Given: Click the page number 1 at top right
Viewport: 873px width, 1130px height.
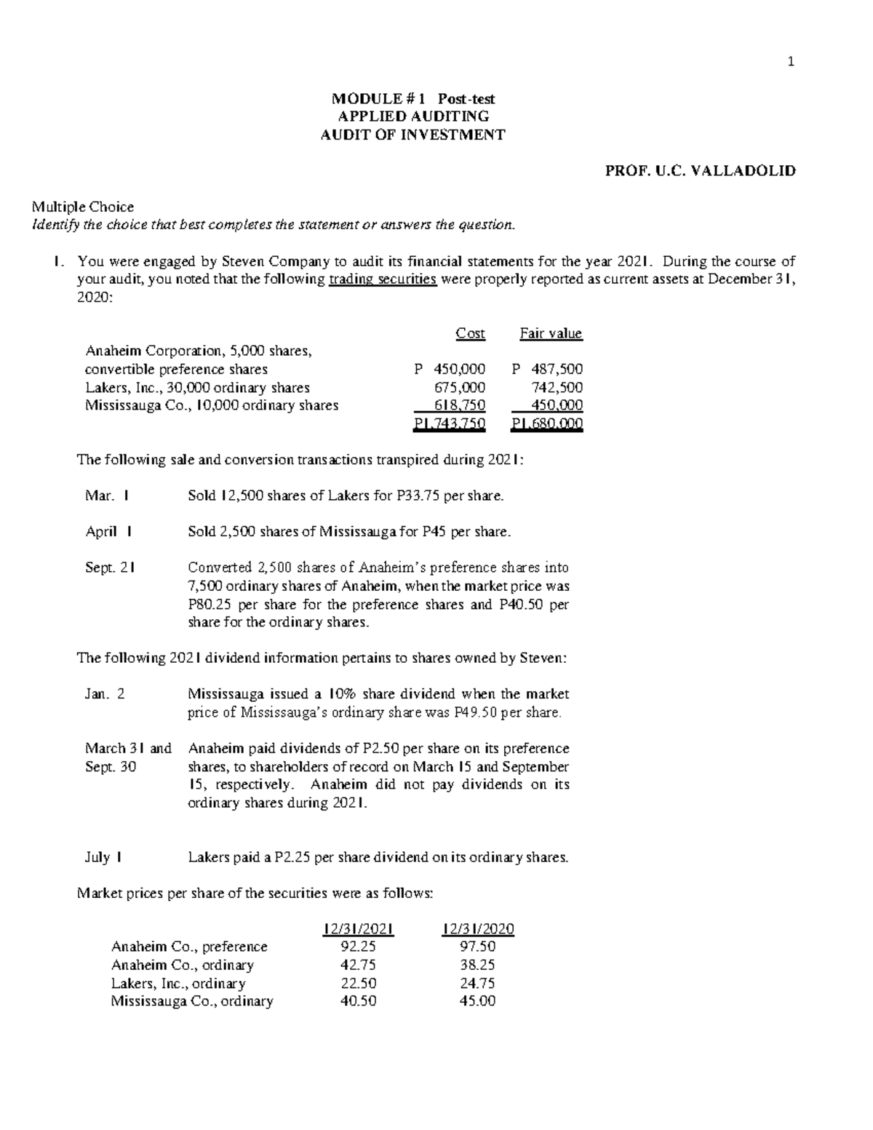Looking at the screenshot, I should (x=791, y=62).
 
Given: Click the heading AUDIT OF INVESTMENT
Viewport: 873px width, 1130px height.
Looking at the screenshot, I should (x=412, y=135).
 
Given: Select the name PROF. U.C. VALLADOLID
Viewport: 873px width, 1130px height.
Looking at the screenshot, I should (x=701, y=171).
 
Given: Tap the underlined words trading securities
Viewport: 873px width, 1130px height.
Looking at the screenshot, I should (x=383, y=279).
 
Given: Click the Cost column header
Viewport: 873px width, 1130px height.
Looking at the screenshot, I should (x=470, y=333).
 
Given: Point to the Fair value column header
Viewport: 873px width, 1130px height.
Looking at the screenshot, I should (x=551, y=333).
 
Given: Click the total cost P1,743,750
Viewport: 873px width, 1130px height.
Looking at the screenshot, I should (x=449, y=424).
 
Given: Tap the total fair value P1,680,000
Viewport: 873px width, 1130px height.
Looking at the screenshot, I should (x=547, y=424).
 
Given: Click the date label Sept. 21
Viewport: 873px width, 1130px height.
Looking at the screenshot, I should (x=109, y=568).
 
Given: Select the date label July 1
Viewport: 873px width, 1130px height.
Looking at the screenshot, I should (x=103, y=857).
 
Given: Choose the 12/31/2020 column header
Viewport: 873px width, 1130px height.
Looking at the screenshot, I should (x=478, y=929).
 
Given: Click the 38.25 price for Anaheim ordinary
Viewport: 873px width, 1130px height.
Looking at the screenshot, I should (x=478, y=965).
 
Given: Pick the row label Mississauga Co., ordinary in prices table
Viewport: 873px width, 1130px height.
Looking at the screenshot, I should (x=192, y=1001).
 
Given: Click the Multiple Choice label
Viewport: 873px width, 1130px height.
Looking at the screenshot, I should (x=81, y=207).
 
